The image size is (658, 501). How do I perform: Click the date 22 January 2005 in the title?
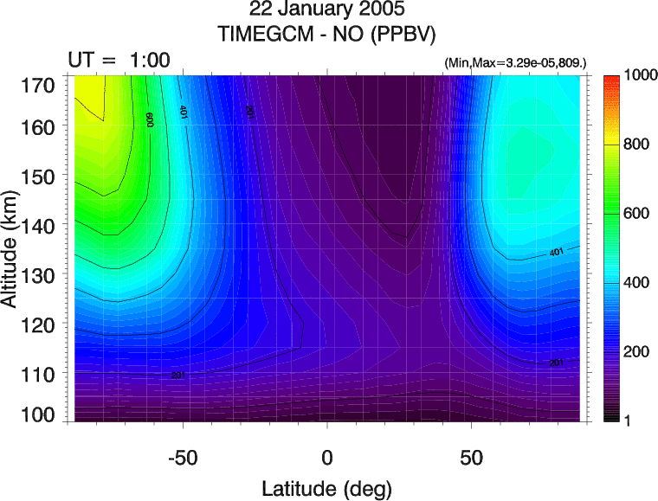click(x=328, y=12)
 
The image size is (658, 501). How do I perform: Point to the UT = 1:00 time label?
click(x=119, y=60)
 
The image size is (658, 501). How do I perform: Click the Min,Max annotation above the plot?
click(x=514, y=64)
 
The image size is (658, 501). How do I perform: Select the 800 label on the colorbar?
click(x=629, y=145)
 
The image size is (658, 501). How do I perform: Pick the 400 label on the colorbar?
click(x=629, y=282)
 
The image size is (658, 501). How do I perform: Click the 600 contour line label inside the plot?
click(x=149, y=119)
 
